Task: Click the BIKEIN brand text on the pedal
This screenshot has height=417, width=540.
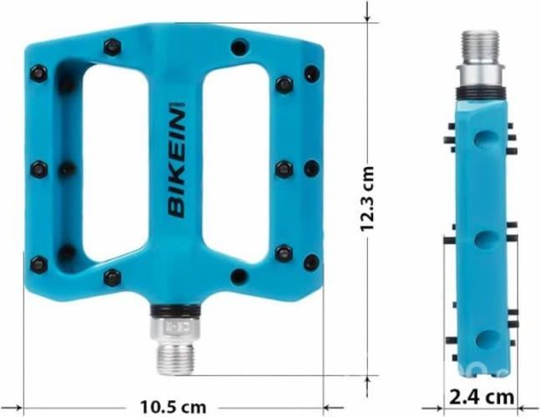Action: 177,160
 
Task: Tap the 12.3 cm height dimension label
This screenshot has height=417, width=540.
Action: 368,201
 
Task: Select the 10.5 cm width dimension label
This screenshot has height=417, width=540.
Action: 173,407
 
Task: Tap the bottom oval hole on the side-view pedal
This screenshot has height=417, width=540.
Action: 485,339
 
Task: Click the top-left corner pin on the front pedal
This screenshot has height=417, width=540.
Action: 39,73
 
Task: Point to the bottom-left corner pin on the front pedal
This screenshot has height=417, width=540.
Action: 38,265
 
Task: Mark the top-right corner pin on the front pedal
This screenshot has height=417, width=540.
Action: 311,73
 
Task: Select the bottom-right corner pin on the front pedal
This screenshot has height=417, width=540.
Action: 311,263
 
